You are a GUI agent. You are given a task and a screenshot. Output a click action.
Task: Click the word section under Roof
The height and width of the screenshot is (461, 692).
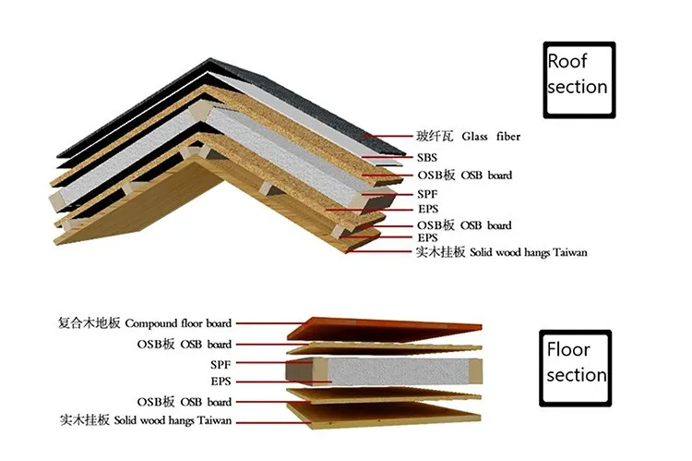tap(578, 87)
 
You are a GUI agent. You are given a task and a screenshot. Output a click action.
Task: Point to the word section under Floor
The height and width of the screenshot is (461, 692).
tap(577, 375)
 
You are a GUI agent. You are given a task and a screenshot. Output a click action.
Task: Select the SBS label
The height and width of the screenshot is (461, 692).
tap(428, 157)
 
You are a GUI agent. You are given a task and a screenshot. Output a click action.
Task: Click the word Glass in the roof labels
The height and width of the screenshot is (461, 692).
tap(471, 137)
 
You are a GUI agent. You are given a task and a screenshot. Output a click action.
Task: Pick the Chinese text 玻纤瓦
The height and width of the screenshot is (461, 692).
tap(435, 137)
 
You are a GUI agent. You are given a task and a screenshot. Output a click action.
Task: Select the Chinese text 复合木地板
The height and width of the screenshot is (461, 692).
tap(89, 323)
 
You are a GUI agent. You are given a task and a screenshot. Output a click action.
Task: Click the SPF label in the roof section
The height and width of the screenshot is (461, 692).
tap(428, 194)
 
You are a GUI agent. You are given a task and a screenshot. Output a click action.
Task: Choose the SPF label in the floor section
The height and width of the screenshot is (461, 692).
tap(221, 365)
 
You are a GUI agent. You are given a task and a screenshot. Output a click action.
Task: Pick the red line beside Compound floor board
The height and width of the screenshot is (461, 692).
tap(268, 323)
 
